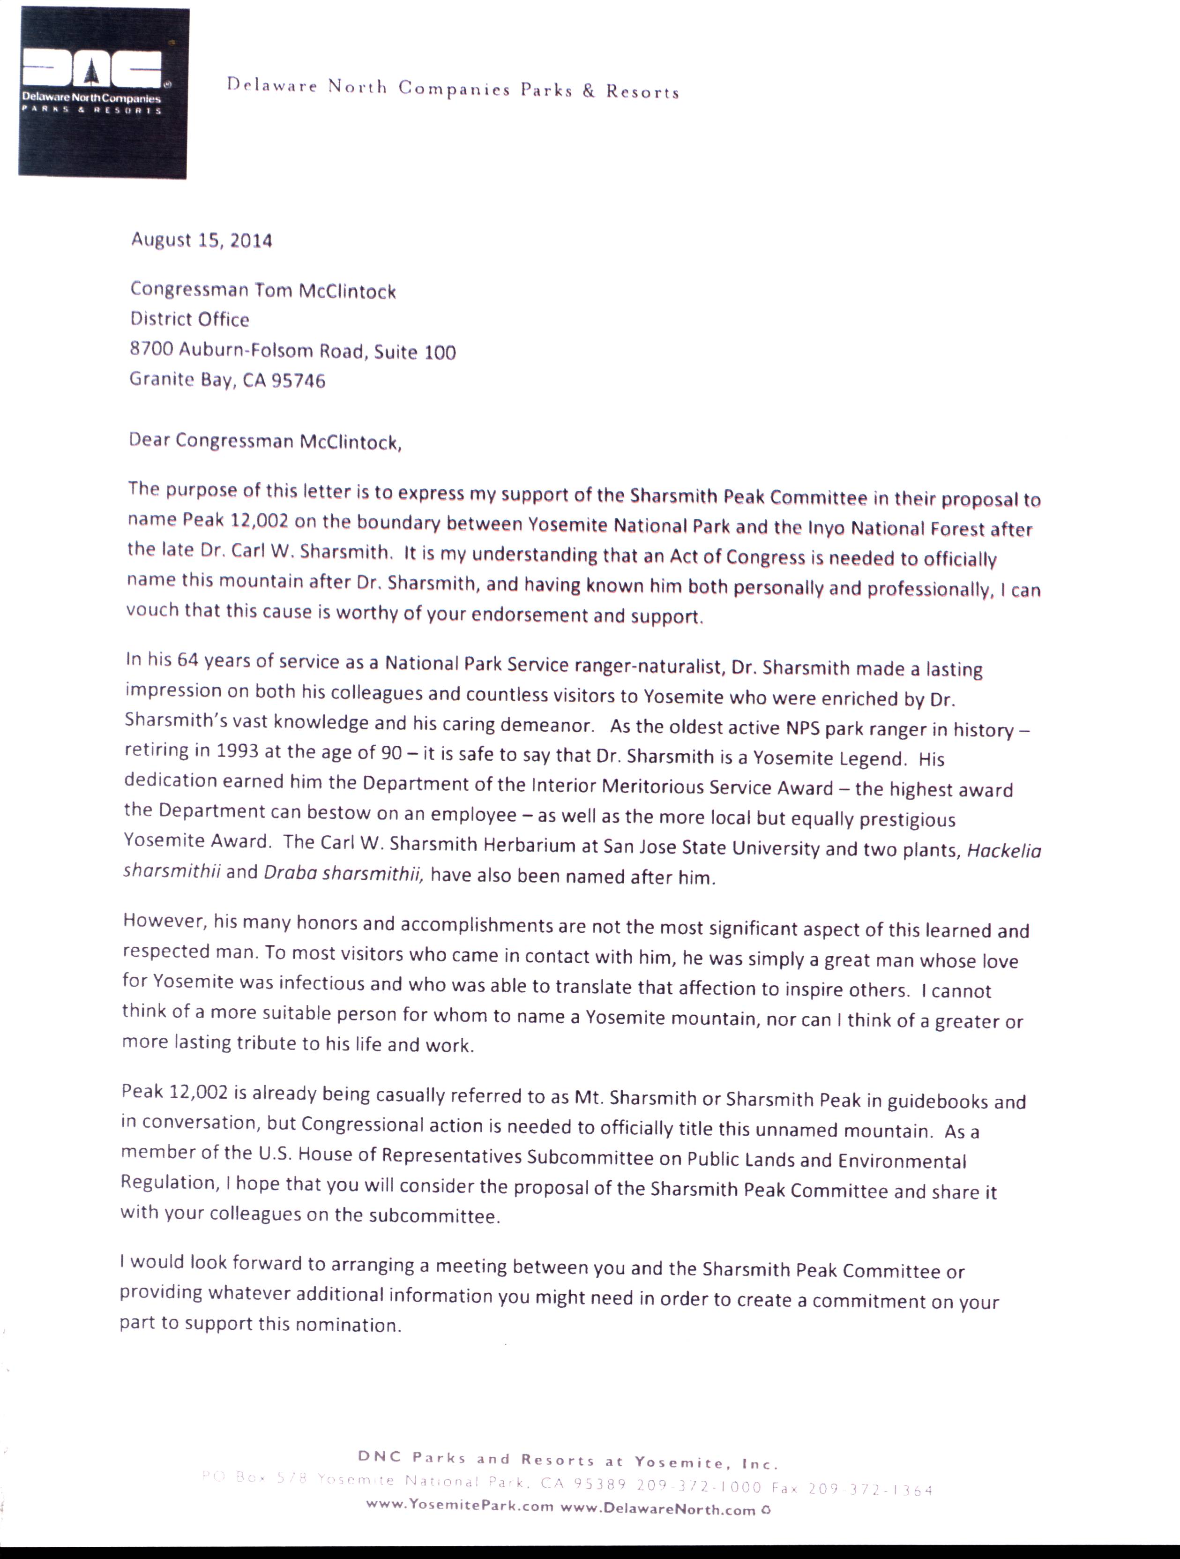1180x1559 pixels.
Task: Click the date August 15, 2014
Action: click(x=202, y=240)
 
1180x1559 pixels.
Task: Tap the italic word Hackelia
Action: click(x=1004, y=851)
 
